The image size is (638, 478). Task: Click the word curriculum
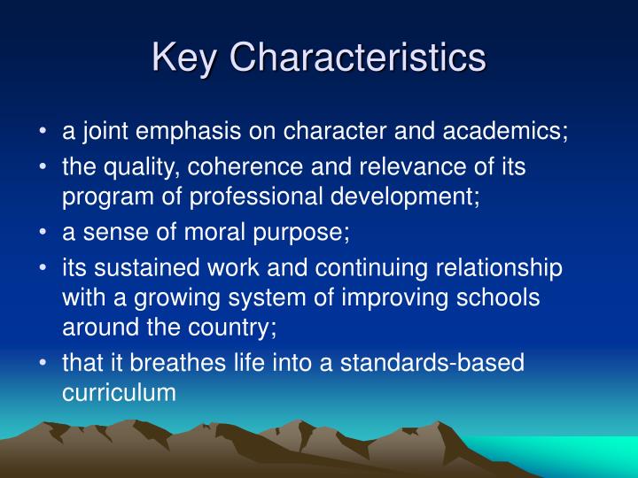[120, 390]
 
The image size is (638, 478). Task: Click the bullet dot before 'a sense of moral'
[43, 233]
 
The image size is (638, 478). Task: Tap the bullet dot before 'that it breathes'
[43, 362]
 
